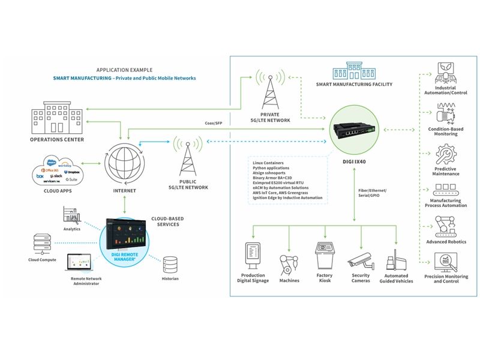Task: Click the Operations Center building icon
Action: [x=58, y=118]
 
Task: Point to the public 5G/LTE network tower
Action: [x=187, y=159]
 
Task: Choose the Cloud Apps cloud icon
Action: [x=58, y=170]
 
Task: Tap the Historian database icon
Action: [x=170, y=264]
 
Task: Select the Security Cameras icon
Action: [x=361, y=259]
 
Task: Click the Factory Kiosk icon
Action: [x=325, y=256]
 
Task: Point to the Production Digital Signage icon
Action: [x=253, y=257]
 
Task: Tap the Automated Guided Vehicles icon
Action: [x=396, y=263]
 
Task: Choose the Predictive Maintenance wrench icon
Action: [x=445, y=155]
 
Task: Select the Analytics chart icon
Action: [x=72, y=215]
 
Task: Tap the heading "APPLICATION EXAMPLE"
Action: [x=124, y=70]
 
